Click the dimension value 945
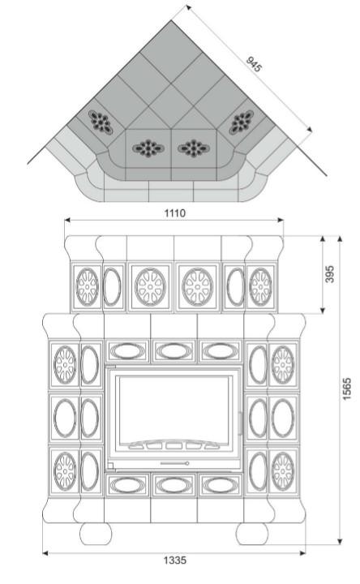click(x=254, y=64)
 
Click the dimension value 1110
click(x=174, y=213)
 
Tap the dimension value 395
click(x=329, y=274)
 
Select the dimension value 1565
click(x=346, y=389)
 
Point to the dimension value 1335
click(x=174, y=560)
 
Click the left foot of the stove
click(x=96, y=534)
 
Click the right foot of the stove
click(x=252, y=534)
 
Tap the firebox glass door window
click(x=174, y=409)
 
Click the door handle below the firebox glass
click(x=175, y=463)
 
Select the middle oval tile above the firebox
click(x=174, y=351)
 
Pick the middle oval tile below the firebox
click(x=174, y=485)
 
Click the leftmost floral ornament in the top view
click(x=101, y=122)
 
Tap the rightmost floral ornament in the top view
click(x=242, y=122)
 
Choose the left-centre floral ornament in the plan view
click(x=148, y=148)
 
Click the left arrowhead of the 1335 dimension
click(x=45, y=553)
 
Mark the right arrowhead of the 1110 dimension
click(x=281, y=220)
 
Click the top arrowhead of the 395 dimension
click(x=323, y=238)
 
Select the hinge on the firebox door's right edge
click(x=242, y=423)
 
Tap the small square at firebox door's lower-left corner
click(x=110, y=466)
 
